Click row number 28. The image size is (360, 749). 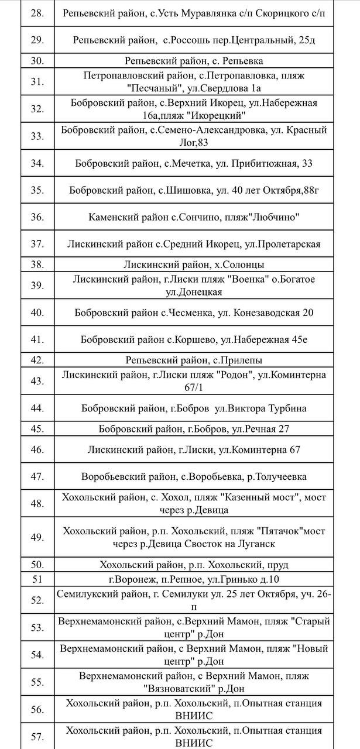pyautogui.click(x=37, y=12)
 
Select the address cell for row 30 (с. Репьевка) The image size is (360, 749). pyautogui.click(x=194, y=61)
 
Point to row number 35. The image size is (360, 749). pyautogui.click(x=37, y=190)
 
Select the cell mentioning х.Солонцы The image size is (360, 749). pyautogui.click(x=194, y=264)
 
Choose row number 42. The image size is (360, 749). pyautogui.click(x=37, y=360)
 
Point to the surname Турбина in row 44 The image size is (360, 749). pyautogui.click(x=284, y=408)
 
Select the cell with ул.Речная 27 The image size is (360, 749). pyautogui.click(x=194, y=429)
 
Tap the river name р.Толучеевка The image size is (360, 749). pyautogui.click(x=273, y=476)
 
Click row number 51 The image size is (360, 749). pyautogui.click(x=37, y=579)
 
